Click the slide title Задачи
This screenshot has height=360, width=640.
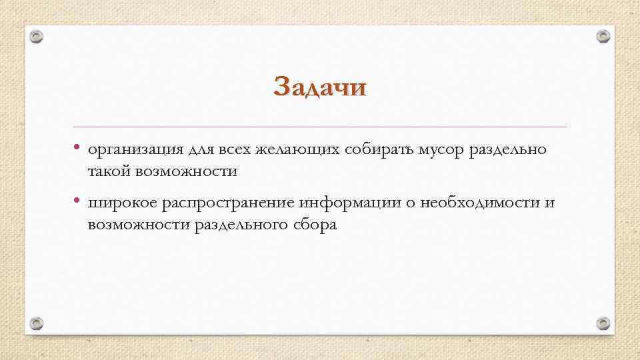point(320,87)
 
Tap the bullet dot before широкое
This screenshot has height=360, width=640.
point(77,201)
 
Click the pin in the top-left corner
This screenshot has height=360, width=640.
point(37,37)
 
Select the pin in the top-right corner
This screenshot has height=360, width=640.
point(603,36)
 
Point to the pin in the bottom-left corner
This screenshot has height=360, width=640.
point(37,324)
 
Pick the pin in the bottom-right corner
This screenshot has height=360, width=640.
point(603,324)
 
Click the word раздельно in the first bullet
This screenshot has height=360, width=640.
point(509,149)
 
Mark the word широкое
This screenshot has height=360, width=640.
point(122,203)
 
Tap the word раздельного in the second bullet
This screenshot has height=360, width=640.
point(240,225)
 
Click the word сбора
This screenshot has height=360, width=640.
point(314,225)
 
